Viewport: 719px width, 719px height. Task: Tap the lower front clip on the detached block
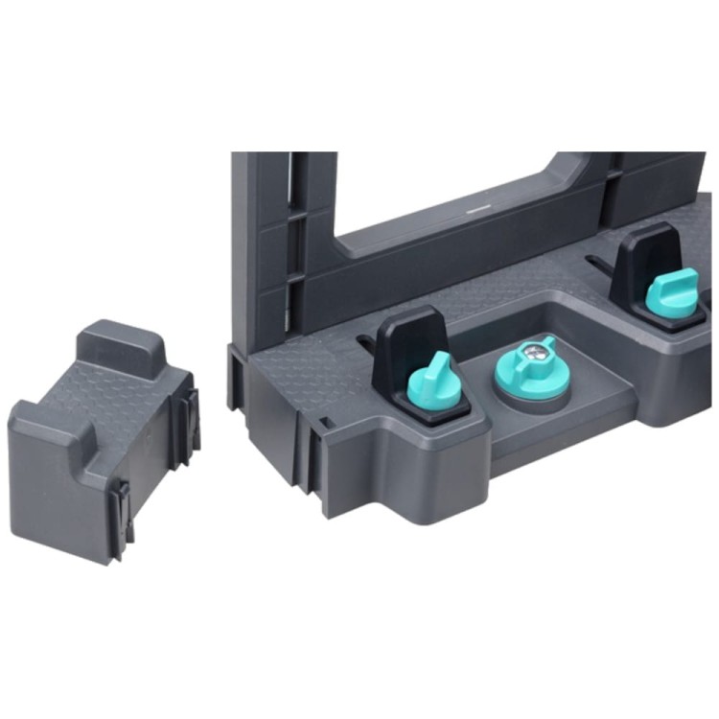coord(121,518)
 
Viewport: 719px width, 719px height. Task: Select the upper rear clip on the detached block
coord(190,422)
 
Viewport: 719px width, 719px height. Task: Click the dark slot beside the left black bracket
coord(365,339)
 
